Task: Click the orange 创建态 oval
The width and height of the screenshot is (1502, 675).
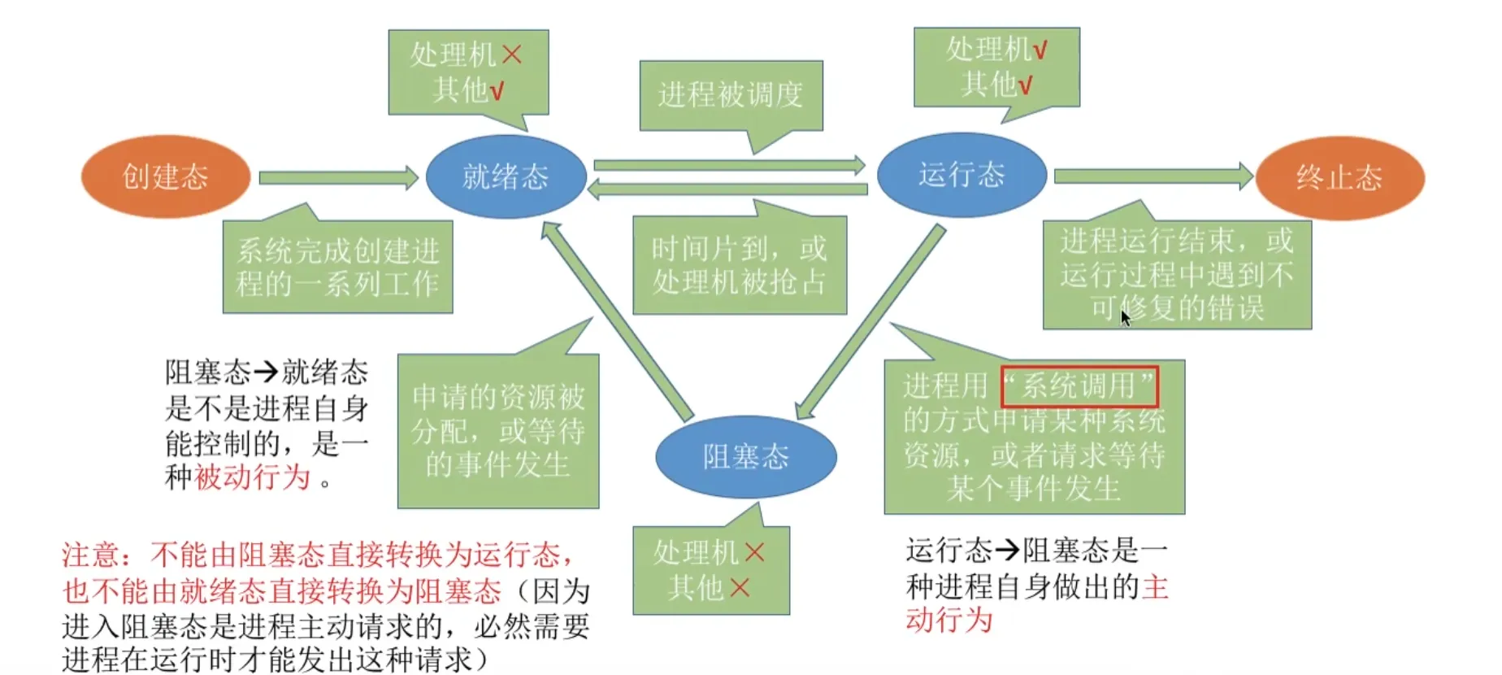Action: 166,176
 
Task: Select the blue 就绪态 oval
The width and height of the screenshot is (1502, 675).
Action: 506,176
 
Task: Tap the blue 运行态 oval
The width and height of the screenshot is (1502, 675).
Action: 962,175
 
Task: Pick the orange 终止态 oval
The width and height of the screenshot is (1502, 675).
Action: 1339,177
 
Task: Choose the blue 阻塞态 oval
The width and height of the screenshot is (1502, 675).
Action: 745,456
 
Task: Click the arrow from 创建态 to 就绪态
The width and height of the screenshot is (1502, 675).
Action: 337,177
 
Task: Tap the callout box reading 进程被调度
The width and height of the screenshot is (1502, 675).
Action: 731,95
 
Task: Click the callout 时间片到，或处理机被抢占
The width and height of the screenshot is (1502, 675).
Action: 739,265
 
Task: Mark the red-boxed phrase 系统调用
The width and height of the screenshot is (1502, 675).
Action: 1079,385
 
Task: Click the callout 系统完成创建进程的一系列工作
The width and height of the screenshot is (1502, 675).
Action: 337,267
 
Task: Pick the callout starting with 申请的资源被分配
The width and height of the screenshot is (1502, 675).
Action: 498,431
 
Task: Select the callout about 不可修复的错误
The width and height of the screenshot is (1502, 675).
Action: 1177,274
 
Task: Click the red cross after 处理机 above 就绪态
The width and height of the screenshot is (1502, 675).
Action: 512,54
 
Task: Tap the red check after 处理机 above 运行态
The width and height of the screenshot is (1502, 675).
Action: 1040,50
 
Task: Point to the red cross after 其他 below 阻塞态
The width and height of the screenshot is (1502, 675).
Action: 740,587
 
